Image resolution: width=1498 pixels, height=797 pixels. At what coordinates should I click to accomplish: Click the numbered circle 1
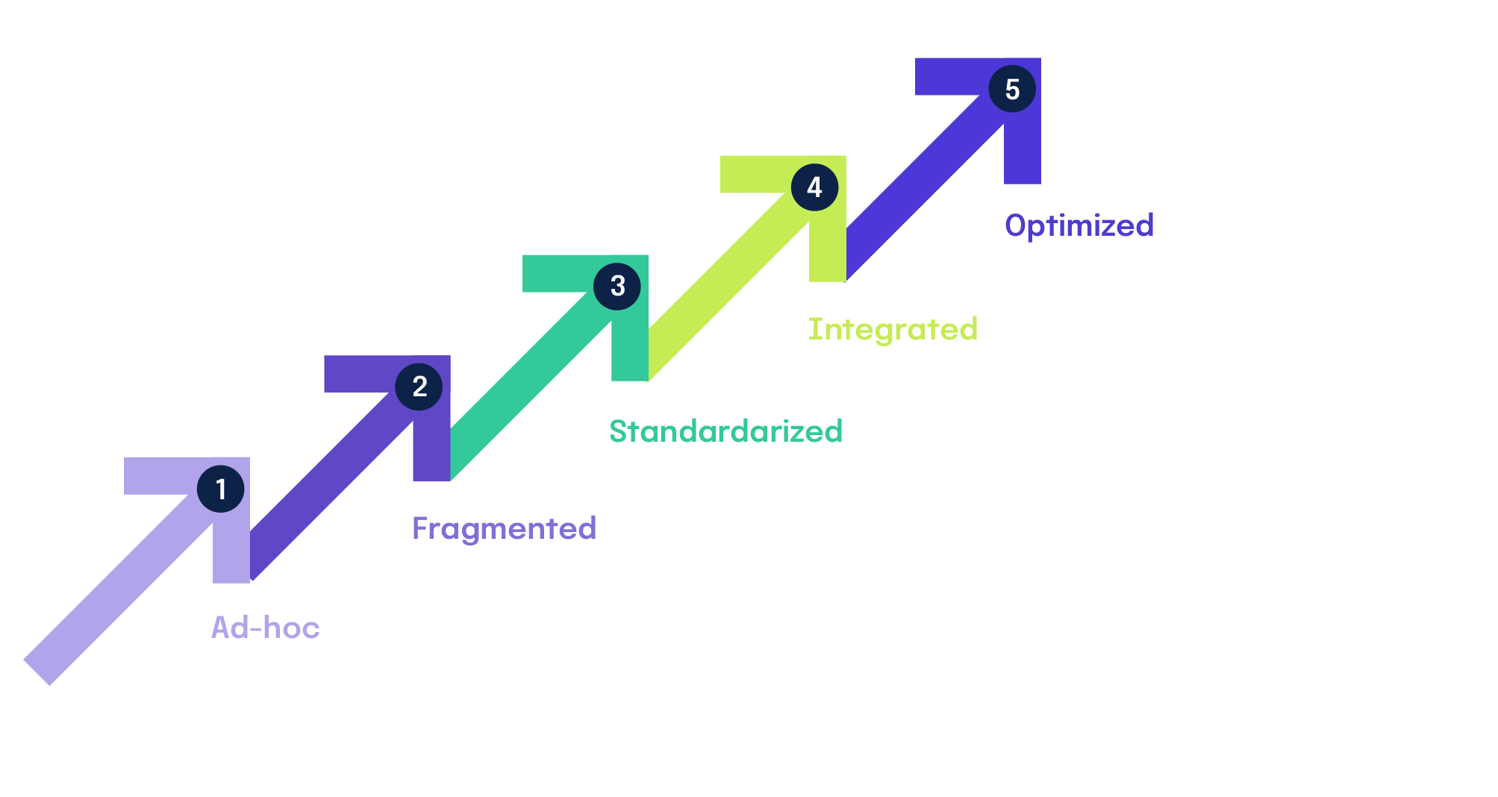click(220, 489)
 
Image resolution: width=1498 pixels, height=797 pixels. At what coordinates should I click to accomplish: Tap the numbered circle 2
click(419, 387)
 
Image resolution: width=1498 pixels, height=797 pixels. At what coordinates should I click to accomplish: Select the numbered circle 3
click(617, 286)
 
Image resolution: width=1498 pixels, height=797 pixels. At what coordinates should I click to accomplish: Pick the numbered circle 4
click(814, 187)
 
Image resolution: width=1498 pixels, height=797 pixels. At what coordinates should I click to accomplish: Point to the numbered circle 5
click(1012, 89)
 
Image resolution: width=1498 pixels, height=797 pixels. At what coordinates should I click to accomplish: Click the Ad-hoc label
click(266, 628)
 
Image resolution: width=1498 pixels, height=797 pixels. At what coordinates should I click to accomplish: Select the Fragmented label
click(504, 528)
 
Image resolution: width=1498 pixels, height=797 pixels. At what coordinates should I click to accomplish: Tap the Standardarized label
click(725, 431)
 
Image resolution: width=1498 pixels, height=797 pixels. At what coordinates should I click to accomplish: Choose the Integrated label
click(893, 329)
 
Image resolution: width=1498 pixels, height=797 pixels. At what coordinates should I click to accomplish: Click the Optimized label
click(1079, 225)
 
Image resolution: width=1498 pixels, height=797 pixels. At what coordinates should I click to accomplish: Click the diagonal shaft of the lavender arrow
click(119, 590)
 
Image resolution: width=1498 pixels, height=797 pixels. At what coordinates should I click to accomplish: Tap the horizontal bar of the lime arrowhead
click(754, 174)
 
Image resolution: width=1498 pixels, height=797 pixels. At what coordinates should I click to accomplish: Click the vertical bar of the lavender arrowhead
click(231, 552)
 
